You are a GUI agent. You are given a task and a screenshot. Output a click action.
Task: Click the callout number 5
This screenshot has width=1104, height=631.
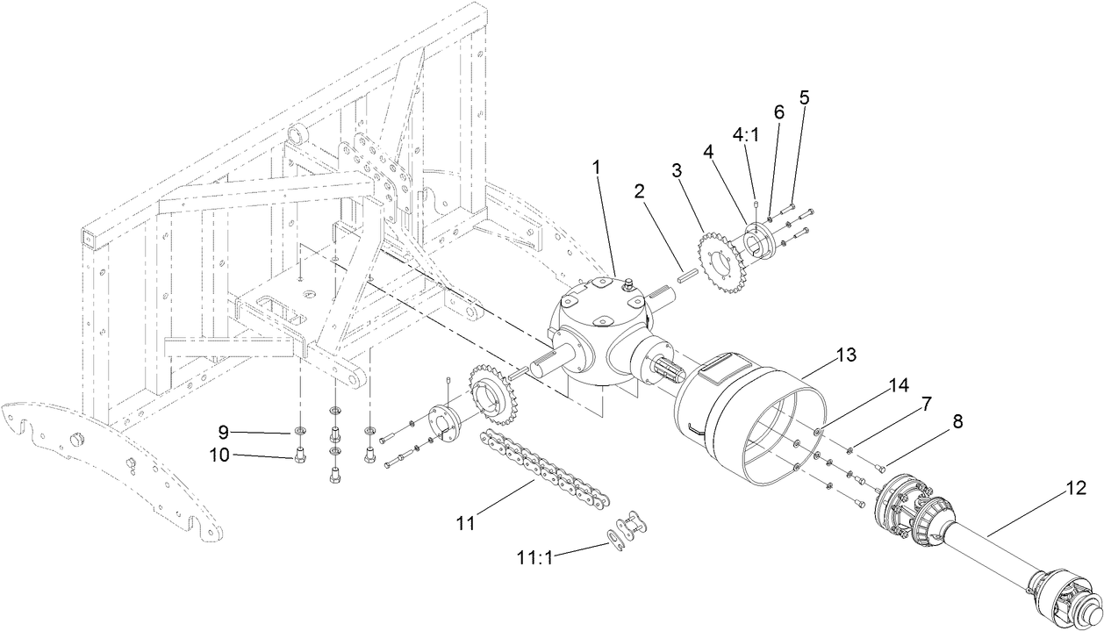coord(803,97)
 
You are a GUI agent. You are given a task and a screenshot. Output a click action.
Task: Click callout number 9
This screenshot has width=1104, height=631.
coord(224,432)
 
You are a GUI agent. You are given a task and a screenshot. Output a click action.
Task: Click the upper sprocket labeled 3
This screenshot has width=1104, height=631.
coord(718,255)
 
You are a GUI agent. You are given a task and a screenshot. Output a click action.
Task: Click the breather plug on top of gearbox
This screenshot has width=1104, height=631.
coord(627,284)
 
